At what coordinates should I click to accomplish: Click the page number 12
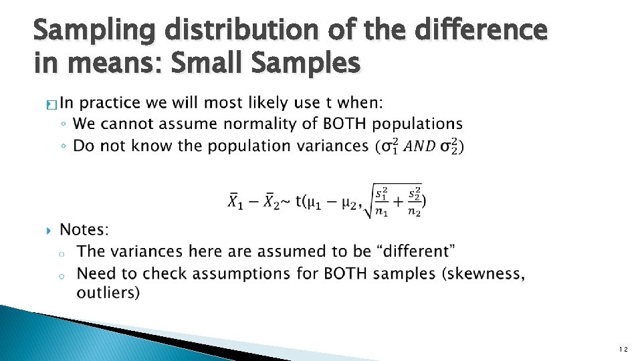click(623, 350)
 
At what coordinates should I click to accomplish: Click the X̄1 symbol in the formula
click(236, 201)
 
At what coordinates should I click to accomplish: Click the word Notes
click(84, 230)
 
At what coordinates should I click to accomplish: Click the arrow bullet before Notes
click(46, 231)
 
